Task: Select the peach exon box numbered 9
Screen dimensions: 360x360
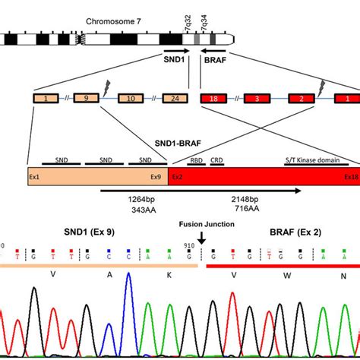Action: [x=85, y=99]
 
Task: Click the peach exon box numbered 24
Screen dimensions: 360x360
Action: [x=177, y=99]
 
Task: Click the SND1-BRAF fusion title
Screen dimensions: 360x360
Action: [x=178, y=143]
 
